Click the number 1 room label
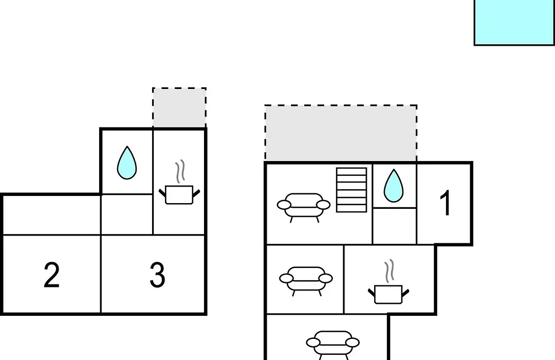(446, 203)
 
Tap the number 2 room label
(52, 275)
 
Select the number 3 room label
(157, 275)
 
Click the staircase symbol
(351, 190)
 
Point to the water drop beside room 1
(394, 186)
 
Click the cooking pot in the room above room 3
(179, 194)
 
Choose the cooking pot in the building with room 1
(388, 295)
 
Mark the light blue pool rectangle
(514, 22)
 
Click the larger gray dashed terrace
(341, 134)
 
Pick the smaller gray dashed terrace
(179, 107)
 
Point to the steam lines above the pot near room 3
(180, 171)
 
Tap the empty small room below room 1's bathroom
(395, 226)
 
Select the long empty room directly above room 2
(52, 215)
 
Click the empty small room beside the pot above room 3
(127, 214)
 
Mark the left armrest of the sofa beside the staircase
(284, 205)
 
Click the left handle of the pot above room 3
(162, 193)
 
